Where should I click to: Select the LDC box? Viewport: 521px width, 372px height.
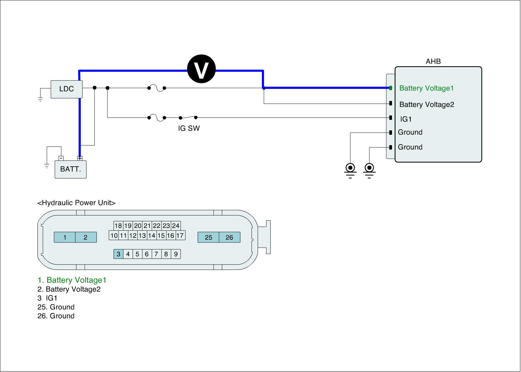click(x=66, y=89)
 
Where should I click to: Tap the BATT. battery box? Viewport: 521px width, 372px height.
click(x=70, y=169)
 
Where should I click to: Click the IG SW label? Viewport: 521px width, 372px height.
click(x=189, y=128)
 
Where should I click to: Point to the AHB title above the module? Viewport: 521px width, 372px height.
click(x=433, y=62)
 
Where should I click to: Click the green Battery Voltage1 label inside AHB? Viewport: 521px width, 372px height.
click(x=426, y=88)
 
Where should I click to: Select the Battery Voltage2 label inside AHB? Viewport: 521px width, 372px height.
click(x=427, y=104)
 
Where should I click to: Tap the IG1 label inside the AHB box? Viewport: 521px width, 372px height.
click(x=406, y=119)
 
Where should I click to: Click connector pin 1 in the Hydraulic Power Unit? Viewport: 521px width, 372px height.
click(x=64, y=237)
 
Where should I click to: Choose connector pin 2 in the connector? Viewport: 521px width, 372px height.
click(x=86, y=237)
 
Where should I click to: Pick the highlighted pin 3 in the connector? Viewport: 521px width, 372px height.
click(x=119, y=254)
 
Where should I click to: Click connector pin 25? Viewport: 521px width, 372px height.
click(x=208, y=237)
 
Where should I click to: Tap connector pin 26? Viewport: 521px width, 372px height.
click(x=229, y=237)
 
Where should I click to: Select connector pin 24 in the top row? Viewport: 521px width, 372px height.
click(x=176, y=226)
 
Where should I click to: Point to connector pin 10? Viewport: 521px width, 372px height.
click(x=114, y=236)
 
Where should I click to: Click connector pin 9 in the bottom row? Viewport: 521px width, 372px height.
click(x=176, y=254)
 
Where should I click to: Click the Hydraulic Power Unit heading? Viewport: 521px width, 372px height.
click(x=77, y=203)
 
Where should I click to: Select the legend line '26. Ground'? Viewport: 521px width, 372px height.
click(x=56, y=316)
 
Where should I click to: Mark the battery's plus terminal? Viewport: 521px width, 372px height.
click(x=80, y=158)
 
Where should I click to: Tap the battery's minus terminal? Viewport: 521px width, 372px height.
click(x=61, y=158)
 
